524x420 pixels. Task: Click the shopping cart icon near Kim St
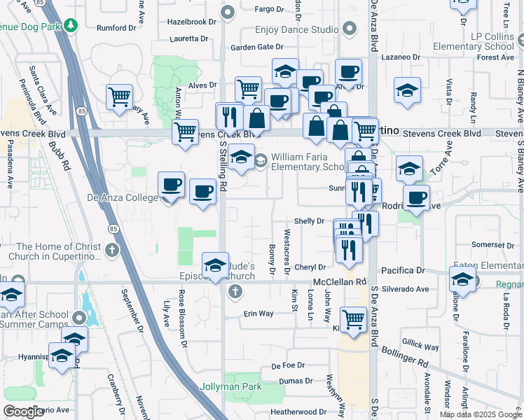pos(354,319)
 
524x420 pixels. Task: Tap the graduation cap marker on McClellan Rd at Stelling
pos(216,265)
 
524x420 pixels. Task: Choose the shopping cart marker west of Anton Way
pos(120,97)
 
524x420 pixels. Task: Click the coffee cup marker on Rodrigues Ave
pos(417,197)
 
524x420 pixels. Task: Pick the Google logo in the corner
pos(24,411)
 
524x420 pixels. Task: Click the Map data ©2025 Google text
pos(480,414)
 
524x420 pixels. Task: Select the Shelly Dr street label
pos(309,220)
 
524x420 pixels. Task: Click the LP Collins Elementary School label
pos(484,42)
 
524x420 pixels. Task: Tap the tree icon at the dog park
pos(71,26)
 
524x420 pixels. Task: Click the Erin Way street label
pos(258,314)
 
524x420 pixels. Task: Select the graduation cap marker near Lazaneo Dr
pos(407,91)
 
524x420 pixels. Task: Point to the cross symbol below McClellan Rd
pos(235,291)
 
